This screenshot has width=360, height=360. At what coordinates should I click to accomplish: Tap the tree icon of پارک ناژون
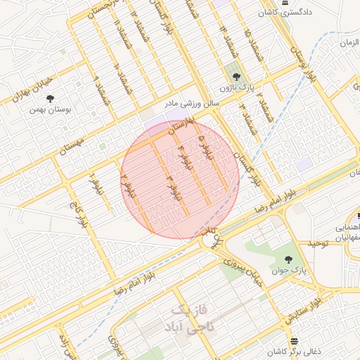pos(235,76)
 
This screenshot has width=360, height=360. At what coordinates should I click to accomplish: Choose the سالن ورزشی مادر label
pos(192,103)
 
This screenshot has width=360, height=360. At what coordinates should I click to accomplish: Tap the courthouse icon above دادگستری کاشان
pos(284,2)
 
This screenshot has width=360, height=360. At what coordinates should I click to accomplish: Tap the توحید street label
pos(317,243)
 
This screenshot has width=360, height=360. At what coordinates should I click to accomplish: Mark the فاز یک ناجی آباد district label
pos(190,318)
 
